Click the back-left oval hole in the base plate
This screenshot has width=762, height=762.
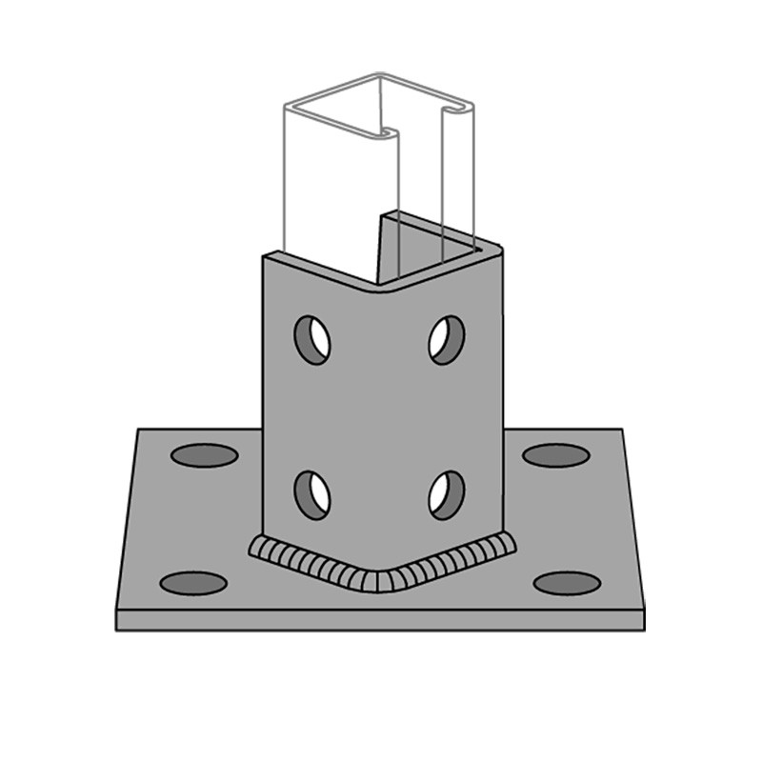(x=204, y=455)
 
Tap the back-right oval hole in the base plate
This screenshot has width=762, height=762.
(x=556, y=455)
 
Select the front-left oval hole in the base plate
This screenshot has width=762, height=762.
(x=193, y=583)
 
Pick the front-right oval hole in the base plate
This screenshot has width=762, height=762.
(x=567, y=583)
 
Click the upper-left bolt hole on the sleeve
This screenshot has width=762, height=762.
(x=311, y=340)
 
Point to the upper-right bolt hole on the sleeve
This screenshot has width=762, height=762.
(x=446, y=340)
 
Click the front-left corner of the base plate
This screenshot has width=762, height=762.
(x=117, y=610)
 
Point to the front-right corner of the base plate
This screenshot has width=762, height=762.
(x=644, y=610)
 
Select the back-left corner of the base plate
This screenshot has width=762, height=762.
(x=140, y=431)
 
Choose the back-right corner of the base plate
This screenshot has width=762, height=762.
(x=622, y=431)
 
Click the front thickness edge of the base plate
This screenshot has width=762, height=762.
(x=381, y=620)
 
